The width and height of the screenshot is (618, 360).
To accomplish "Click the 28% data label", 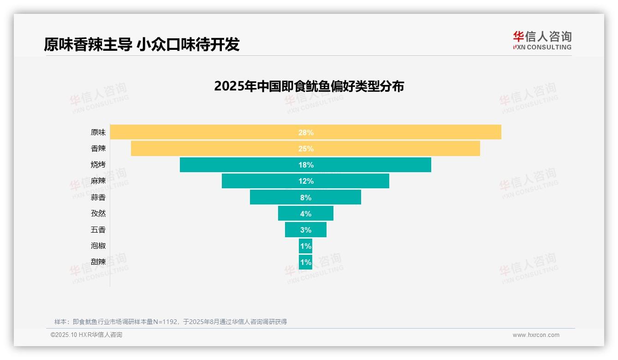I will click(306, 132).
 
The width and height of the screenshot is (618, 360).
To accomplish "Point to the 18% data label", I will click(306, 165).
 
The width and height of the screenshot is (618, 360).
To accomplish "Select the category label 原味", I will click(98, 132).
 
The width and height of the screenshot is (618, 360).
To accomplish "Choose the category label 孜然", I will click(98, 214).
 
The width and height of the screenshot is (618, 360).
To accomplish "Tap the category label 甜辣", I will click(98, 262).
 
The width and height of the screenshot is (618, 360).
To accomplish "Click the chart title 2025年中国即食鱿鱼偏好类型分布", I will click(309, 86).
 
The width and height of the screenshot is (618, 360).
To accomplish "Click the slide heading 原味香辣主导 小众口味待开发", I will click(142, 44).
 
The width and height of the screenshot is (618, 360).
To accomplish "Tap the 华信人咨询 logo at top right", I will click(542, 40).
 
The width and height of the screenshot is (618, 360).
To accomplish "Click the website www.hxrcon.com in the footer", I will click(536, 335).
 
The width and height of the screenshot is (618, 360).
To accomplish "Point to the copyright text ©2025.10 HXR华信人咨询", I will click(86, 335).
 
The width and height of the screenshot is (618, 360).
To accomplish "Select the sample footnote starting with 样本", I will click(171, 322).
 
